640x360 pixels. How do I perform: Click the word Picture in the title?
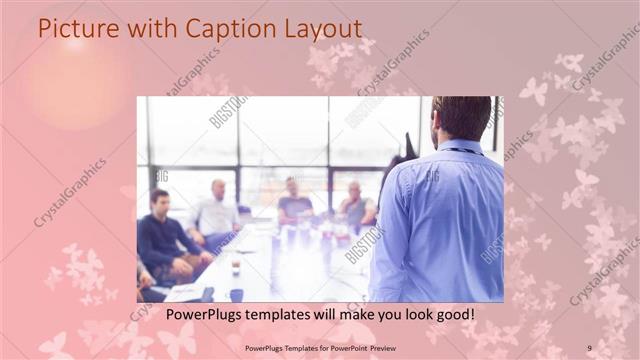coord(71,28)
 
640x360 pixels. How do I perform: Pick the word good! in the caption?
coord(453,314)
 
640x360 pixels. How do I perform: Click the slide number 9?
coord(590,348)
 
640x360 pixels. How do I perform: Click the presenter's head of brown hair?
coord(461,115)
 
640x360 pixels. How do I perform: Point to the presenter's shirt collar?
coord(459,146)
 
